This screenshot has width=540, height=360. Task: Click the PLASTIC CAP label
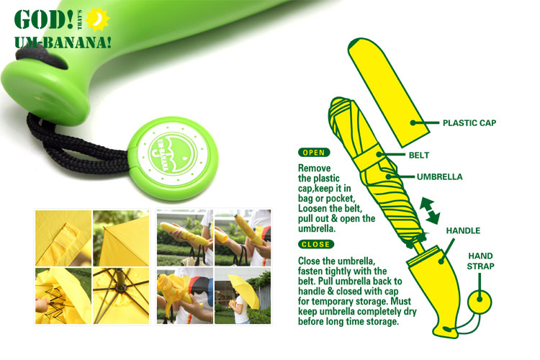pyautogui.click(x=469, y=123)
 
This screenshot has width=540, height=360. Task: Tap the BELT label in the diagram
pyautogui.click(x=419, y=156)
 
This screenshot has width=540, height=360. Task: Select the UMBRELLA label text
pyautogui.click(x=439, y=177)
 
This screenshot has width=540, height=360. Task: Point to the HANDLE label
pyautogui.click(x=463, y=231)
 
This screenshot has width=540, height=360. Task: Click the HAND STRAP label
pyautogui.click(x=480, y=261)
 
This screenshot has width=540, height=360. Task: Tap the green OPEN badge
pyautogui.click(x=314, y=153)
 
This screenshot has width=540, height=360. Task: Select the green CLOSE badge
pyautogui.click(x=316, y=244)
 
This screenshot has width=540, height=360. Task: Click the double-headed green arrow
pyautogui.click(x=429, y=210)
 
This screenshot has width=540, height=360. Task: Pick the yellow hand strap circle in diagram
pyautogui.click(x=480, y=302)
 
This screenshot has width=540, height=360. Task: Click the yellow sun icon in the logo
pyautogui.click(x=97, y=19)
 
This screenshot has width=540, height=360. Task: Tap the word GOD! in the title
pyautogui.click(x=43, y=19)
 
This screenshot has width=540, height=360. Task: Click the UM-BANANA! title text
pyautogui.click(x=63, y=42)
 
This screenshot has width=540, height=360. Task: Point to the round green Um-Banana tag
pyautogui.click(x=174, y=158)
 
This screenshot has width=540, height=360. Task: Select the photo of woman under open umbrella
pyautogui.click(x=243, y=296)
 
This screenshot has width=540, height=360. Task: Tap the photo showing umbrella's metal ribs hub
pyautogui.click(x=121, y=296)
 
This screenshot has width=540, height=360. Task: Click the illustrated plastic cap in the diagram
pyautogui.click(x=388, y=92)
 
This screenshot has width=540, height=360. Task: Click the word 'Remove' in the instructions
pyautogui.click(x=314, y=168)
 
